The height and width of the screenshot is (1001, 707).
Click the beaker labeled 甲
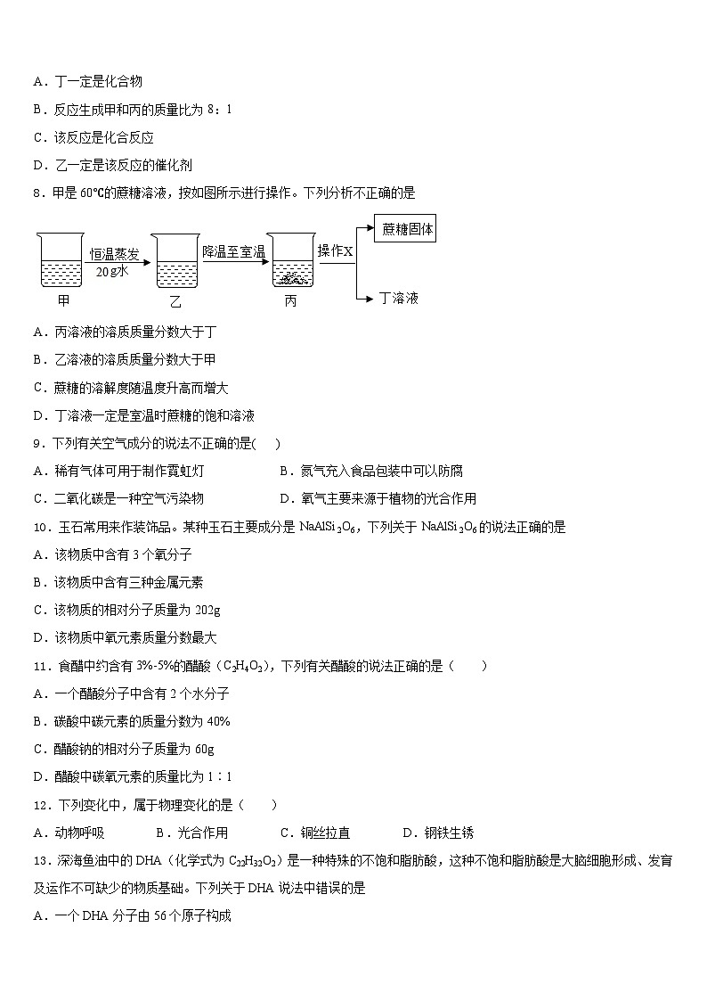[62, 262]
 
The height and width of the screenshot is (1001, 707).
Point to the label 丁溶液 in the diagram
[398, 298]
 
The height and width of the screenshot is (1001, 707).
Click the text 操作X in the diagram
[336, 251]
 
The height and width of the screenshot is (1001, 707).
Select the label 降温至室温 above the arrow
[233, 252]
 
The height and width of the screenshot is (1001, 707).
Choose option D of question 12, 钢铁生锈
[438, 833]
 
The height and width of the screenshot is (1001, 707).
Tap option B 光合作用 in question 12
[192, 833]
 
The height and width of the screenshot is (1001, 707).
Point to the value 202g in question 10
[205, 610]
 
